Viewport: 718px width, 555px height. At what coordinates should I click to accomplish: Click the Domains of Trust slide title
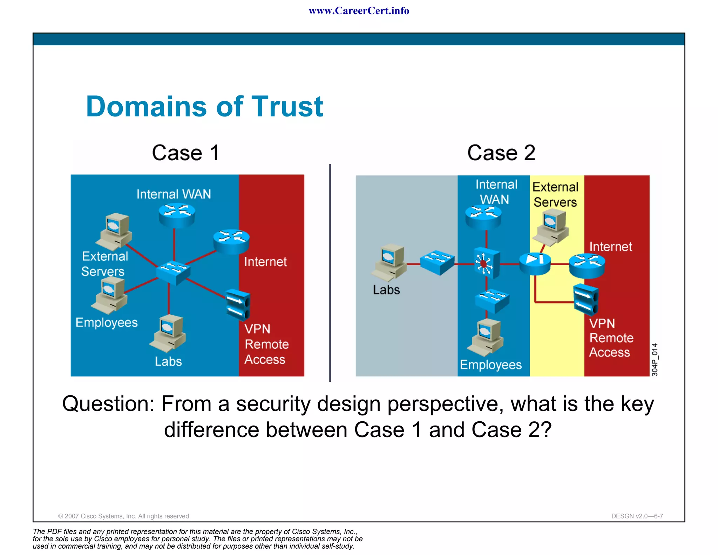(204, 106)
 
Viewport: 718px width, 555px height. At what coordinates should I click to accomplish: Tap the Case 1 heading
(185, 153)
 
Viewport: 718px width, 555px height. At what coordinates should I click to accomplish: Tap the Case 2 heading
(501, 153)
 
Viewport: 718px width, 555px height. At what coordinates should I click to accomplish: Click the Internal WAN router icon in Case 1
(176, 215)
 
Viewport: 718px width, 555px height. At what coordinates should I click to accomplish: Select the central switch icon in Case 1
(173, 272)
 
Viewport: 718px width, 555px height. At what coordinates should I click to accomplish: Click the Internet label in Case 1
(265, 262)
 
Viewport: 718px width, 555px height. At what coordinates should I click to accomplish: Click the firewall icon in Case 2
(535, 263)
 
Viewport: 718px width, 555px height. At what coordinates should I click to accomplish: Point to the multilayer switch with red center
(486, 263)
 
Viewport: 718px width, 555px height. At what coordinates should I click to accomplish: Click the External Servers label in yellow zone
(555, 195)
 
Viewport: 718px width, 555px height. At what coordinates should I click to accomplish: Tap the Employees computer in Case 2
(486, 337)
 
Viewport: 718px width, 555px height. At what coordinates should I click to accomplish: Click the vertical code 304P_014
(655, 360)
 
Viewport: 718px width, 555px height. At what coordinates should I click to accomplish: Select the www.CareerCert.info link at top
(359, 11)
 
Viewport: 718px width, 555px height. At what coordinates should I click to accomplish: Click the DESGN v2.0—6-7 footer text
(637, 516)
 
